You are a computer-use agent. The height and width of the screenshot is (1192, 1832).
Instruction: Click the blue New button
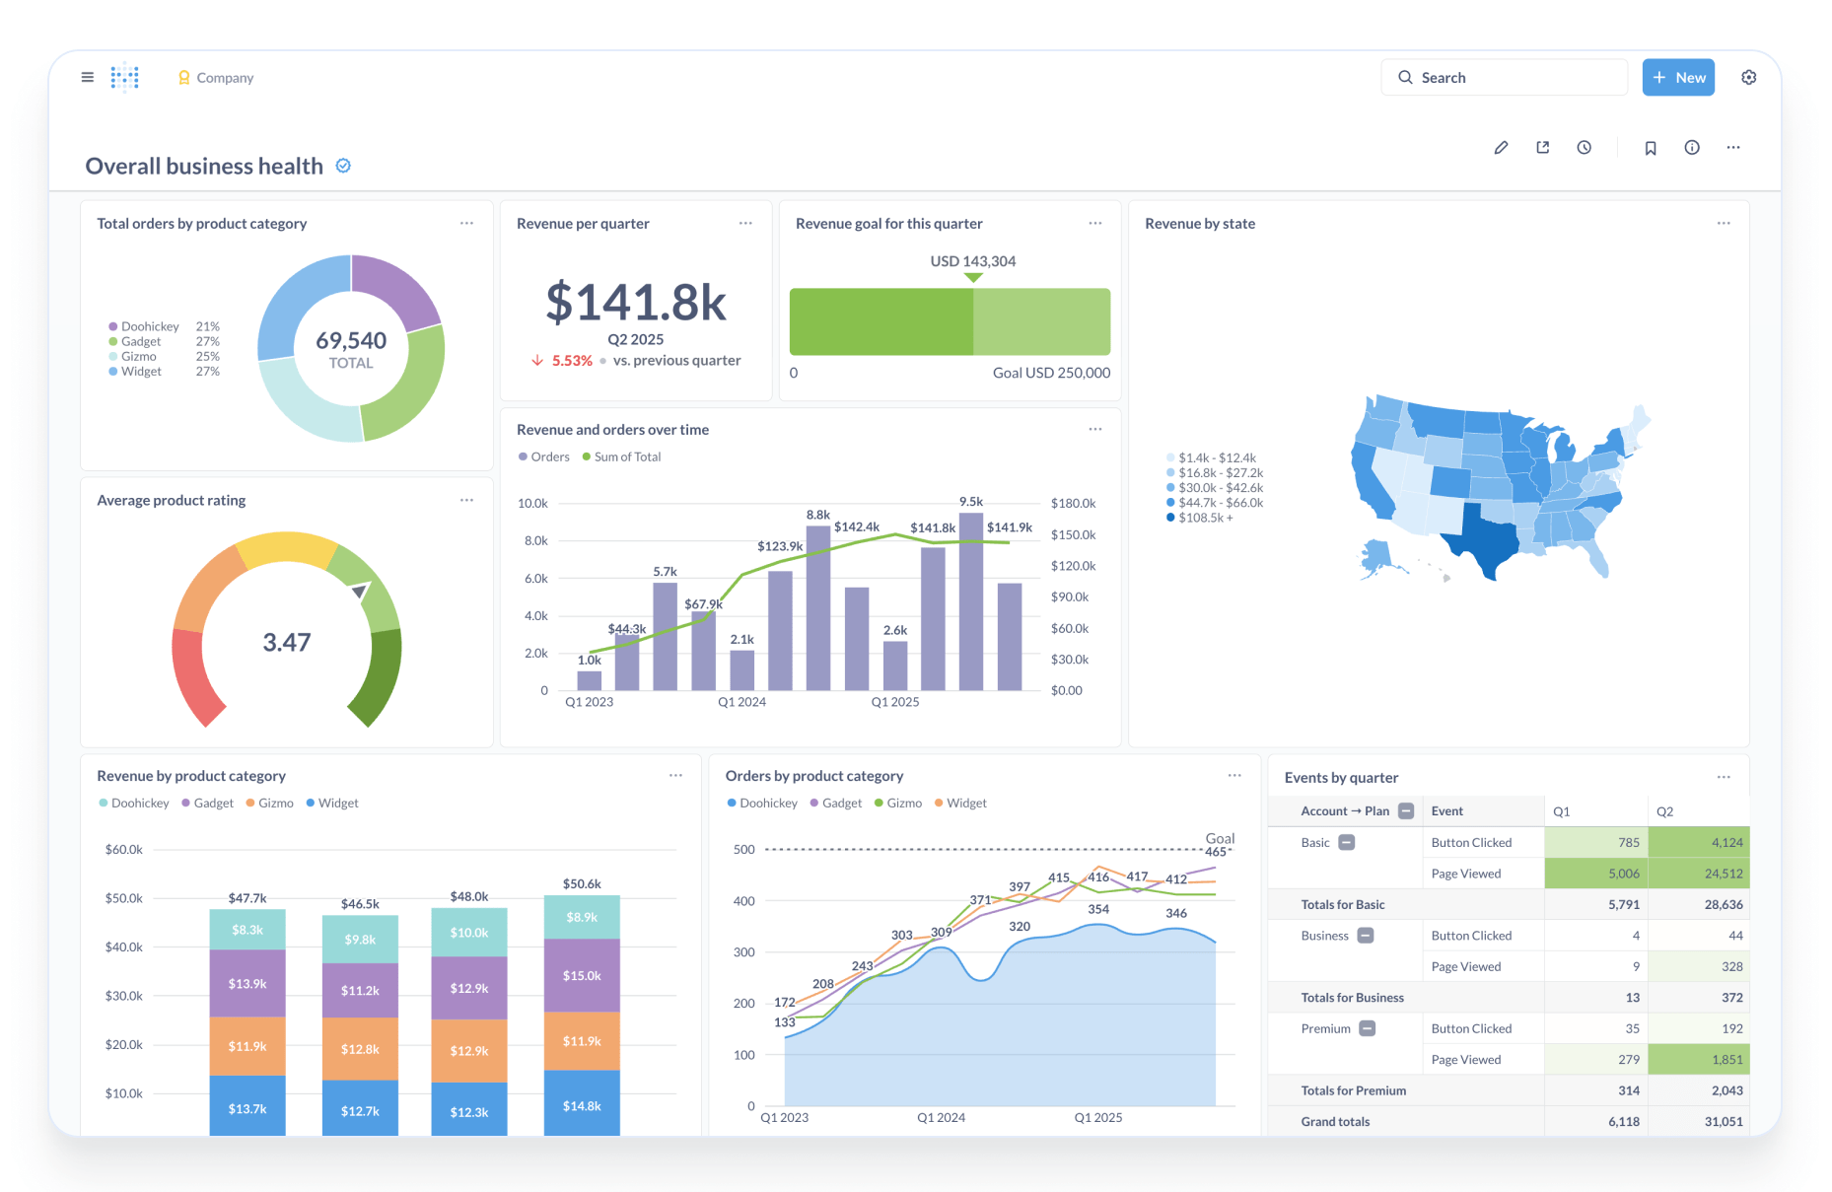coord(1677,78)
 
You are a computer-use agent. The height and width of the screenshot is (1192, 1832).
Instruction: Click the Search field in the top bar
coord(1504,78)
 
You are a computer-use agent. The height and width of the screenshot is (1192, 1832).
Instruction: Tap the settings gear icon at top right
coord(1748,78)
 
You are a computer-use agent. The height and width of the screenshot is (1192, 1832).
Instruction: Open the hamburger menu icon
coord(88,77)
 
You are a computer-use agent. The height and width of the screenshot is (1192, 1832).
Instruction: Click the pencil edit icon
coord(1501,148)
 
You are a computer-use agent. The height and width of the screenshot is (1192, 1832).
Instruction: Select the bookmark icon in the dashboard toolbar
coord(1650,148)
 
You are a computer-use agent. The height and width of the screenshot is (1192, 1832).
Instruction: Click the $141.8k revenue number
coord(636,302)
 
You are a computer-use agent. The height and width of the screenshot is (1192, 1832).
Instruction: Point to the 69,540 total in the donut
coord(351,341)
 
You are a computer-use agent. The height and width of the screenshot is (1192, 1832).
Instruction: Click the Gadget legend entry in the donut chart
coord(141,342)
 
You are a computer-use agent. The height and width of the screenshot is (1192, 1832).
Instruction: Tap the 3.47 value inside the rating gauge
coord(287,643)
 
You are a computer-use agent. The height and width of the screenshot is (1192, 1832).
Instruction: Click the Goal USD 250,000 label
coord(1051,373)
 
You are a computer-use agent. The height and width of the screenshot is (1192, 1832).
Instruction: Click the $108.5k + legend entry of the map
coord(1205,518)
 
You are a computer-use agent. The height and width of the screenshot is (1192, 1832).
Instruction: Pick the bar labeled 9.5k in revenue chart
coord(971,601)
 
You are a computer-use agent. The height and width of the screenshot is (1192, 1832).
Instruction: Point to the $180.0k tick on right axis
coord(1073,504)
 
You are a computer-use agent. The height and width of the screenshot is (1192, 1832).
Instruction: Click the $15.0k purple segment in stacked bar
coord(582,975)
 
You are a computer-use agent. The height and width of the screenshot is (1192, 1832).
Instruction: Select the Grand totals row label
coord(1335,1122)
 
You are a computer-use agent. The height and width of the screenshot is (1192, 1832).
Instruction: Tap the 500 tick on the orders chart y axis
coord(743,850)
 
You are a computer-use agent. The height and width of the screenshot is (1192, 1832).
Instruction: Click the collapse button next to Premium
coord(1367,1028)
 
